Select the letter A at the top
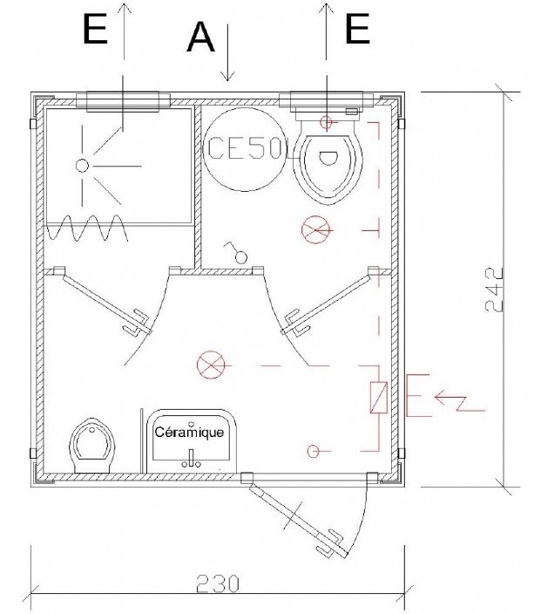coord(200,37)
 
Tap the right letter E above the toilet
coord(357,31)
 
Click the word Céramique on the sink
coord(189,432)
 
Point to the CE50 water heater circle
coord(245,149)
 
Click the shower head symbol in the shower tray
coord(82,164)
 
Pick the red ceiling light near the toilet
coord(314,230)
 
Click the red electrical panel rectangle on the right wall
coord(379,398)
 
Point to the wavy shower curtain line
coord(87,230)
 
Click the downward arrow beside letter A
coord(227,52)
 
